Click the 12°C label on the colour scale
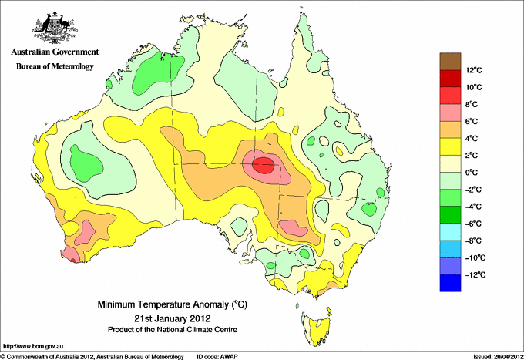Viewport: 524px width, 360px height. click(474, 70)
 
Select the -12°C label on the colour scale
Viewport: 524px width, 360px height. click(475, 274)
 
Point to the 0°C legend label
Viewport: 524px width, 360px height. click(472, 173)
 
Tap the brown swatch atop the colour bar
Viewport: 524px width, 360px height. click(450, 62)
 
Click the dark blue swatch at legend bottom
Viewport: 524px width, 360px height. click(450, 283)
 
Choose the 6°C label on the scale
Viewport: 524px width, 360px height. click(472, 121)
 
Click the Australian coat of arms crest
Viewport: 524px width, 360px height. click(55, 28)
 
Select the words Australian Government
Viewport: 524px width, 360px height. click(55, 52)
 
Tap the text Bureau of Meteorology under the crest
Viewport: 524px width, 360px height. click(55, 66)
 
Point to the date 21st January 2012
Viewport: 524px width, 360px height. click(173, 318)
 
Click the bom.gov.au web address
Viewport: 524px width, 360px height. click(33, 347)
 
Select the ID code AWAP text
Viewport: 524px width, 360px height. click(217, 357)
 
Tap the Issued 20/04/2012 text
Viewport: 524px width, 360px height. click(498, 357)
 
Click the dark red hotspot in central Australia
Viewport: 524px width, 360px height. click(263, 165)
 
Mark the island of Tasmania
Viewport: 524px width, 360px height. click(317, 327)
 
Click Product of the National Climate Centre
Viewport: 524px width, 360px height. click(173, 330)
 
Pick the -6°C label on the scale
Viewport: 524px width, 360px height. click(473, 224)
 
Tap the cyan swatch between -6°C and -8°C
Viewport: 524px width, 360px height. click(450, 232)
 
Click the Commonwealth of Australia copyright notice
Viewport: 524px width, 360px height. click(92, 357)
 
